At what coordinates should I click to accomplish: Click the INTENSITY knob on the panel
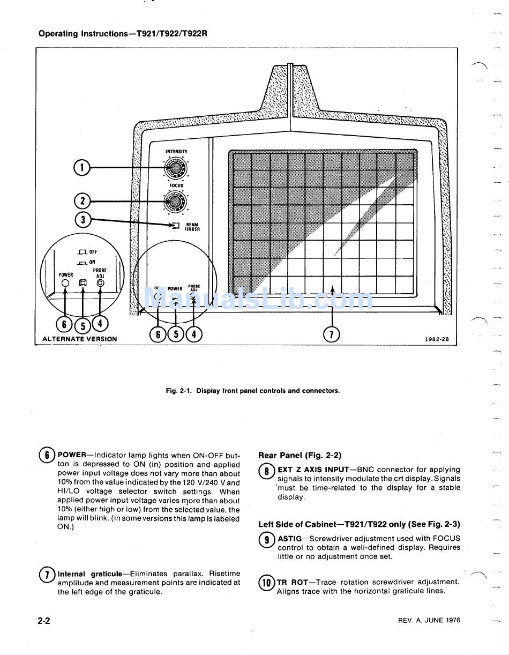[x=175, y=169]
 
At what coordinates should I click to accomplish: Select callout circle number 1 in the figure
[x=81, y=168]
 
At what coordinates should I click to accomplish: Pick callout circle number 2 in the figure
[x=81, y=201]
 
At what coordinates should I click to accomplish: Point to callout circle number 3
[x=83, y=219]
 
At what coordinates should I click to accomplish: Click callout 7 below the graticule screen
[x=332, y=334]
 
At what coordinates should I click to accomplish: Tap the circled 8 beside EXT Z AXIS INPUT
[x=266, y=472]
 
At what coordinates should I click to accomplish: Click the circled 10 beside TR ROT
[x=266, y=583]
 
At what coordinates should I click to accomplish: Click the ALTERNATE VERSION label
[x=80, y=339]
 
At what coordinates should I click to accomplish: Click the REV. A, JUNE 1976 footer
[x=429, y=620]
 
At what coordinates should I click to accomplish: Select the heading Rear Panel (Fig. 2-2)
[x=300, y=456]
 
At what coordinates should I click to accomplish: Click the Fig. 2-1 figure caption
[x=252, y=391]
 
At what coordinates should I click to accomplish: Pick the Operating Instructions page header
[x=123, y=33]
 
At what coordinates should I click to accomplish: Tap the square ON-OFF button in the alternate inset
[x=83, y=282]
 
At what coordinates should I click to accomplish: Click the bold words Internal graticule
[x=90, y=574]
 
